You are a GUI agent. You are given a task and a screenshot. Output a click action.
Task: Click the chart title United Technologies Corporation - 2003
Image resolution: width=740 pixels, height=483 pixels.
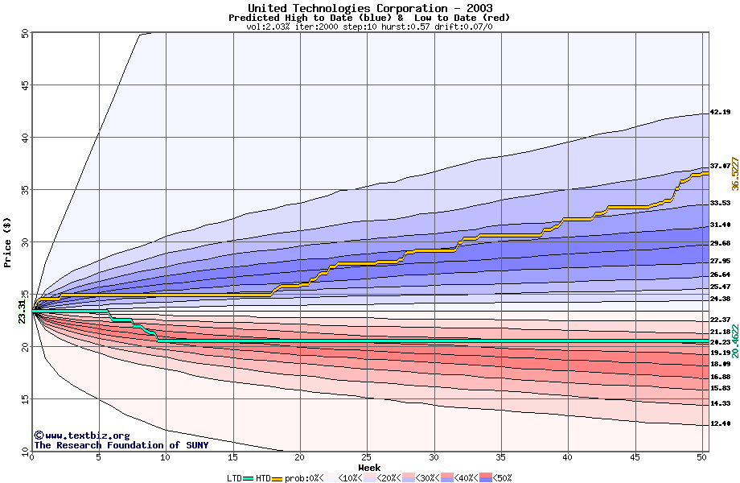[x=369, y=7]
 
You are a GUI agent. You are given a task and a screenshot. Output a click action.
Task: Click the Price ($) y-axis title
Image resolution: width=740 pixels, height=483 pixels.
[x=8, y=242]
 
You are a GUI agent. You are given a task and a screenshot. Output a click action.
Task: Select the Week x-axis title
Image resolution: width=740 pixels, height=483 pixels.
[x=369, y=467]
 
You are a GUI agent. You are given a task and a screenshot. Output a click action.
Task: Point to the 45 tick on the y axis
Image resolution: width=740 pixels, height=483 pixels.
[x=24, y=85]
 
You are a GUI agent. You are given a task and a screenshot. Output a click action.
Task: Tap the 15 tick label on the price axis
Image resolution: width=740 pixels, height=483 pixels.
[x=24, y=398]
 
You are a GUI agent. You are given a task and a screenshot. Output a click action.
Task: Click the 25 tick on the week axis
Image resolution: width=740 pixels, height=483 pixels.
[x=366, y=457]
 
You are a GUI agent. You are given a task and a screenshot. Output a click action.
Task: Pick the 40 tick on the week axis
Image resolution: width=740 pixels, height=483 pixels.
[x=567, y=457]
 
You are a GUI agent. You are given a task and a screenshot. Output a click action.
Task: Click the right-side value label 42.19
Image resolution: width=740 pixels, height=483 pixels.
[x=720, y=113]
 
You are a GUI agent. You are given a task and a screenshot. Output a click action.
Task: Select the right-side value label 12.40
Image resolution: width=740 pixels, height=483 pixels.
[x=720, y=423]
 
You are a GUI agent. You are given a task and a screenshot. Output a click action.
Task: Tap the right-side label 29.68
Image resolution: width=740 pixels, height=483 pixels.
[x=720, y=243]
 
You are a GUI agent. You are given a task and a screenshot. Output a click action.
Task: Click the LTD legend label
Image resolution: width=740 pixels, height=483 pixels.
[x=234, y=477]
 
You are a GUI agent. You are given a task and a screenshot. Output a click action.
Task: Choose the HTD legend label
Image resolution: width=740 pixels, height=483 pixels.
[x=263, y=477]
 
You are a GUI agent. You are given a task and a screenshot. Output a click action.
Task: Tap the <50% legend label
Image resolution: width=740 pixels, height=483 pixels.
[x=503, y=477]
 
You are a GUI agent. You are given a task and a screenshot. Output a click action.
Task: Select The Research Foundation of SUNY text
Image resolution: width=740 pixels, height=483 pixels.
[x=121, y=445]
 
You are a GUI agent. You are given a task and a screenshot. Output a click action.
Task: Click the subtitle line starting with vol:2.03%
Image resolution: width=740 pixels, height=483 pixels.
[x=369, y=27]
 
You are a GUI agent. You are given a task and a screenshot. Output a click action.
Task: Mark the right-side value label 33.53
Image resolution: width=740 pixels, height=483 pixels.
[x=720, y=203]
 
